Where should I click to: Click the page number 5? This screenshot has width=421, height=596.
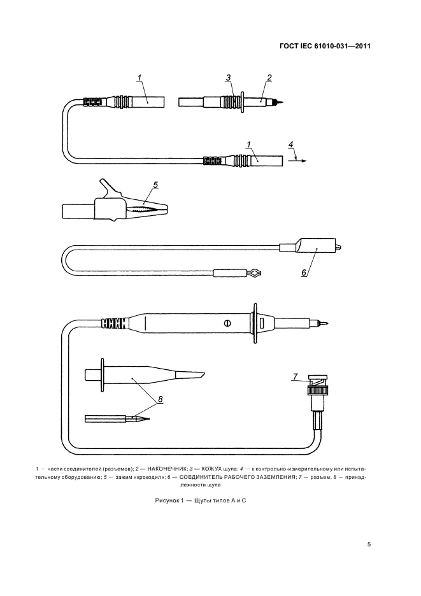369,544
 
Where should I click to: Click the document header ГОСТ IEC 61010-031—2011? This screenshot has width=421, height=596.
325,46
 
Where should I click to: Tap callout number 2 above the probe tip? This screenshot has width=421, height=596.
269,78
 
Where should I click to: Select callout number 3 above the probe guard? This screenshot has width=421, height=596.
228,78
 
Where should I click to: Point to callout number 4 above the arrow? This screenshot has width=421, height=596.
291,146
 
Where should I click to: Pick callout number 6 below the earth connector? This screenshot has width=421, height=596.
304,272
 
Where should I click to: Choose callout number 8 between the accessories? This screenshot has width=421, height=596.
161,399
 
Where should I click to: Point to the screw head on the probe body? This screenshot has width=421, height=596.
227,323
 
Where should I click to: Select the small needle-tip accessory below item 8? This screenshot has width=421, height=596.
118,419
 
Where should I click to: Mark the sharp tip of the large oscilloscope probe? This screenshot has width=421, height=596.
327,323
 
